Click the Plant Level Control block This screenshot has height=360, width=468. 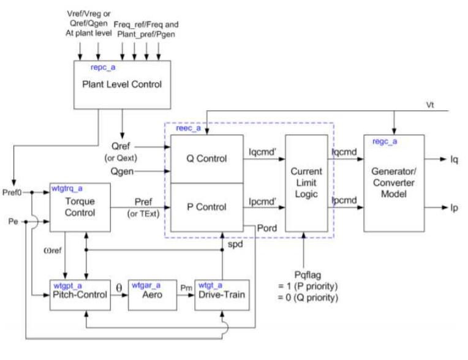click(x=122, y=83)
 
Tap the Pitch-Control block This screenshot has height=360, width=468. click(x=80, y=294)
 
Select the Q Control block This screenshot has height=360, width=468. click(x=206, y=159)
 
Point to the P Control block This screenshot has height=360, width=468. click(x=206, y=206)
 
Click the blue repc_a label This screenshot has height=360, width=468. click(x=102, y=65)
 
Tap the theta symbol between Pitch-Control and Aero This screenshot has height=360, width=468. click(x=120, y=286)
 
